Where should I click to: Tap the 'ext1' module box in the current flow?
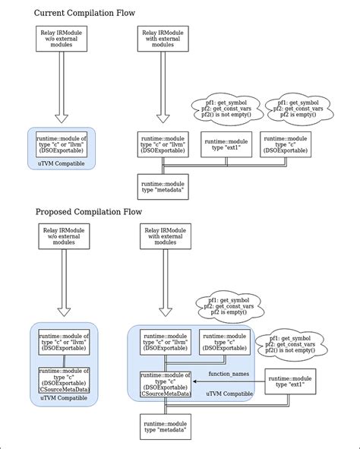click(x=226, y=144)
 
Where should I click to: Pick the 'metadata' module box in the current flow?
click(x=163, y=186)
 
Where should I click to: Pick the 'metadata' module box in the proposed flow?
click(x=163, y=426)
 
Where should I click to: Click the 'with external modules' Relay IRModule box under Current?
click(x=163, y=40)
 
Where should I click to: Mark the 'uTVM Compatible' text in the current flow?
click(x=62, y=163)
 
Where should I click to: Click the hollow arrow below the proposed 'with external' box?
click(x=163, y=292)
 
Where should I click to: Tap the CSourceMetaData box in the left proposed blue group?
click(x=63, y=379)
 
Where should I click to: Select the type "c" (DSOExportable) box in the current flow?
click(x=285, y=144)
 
